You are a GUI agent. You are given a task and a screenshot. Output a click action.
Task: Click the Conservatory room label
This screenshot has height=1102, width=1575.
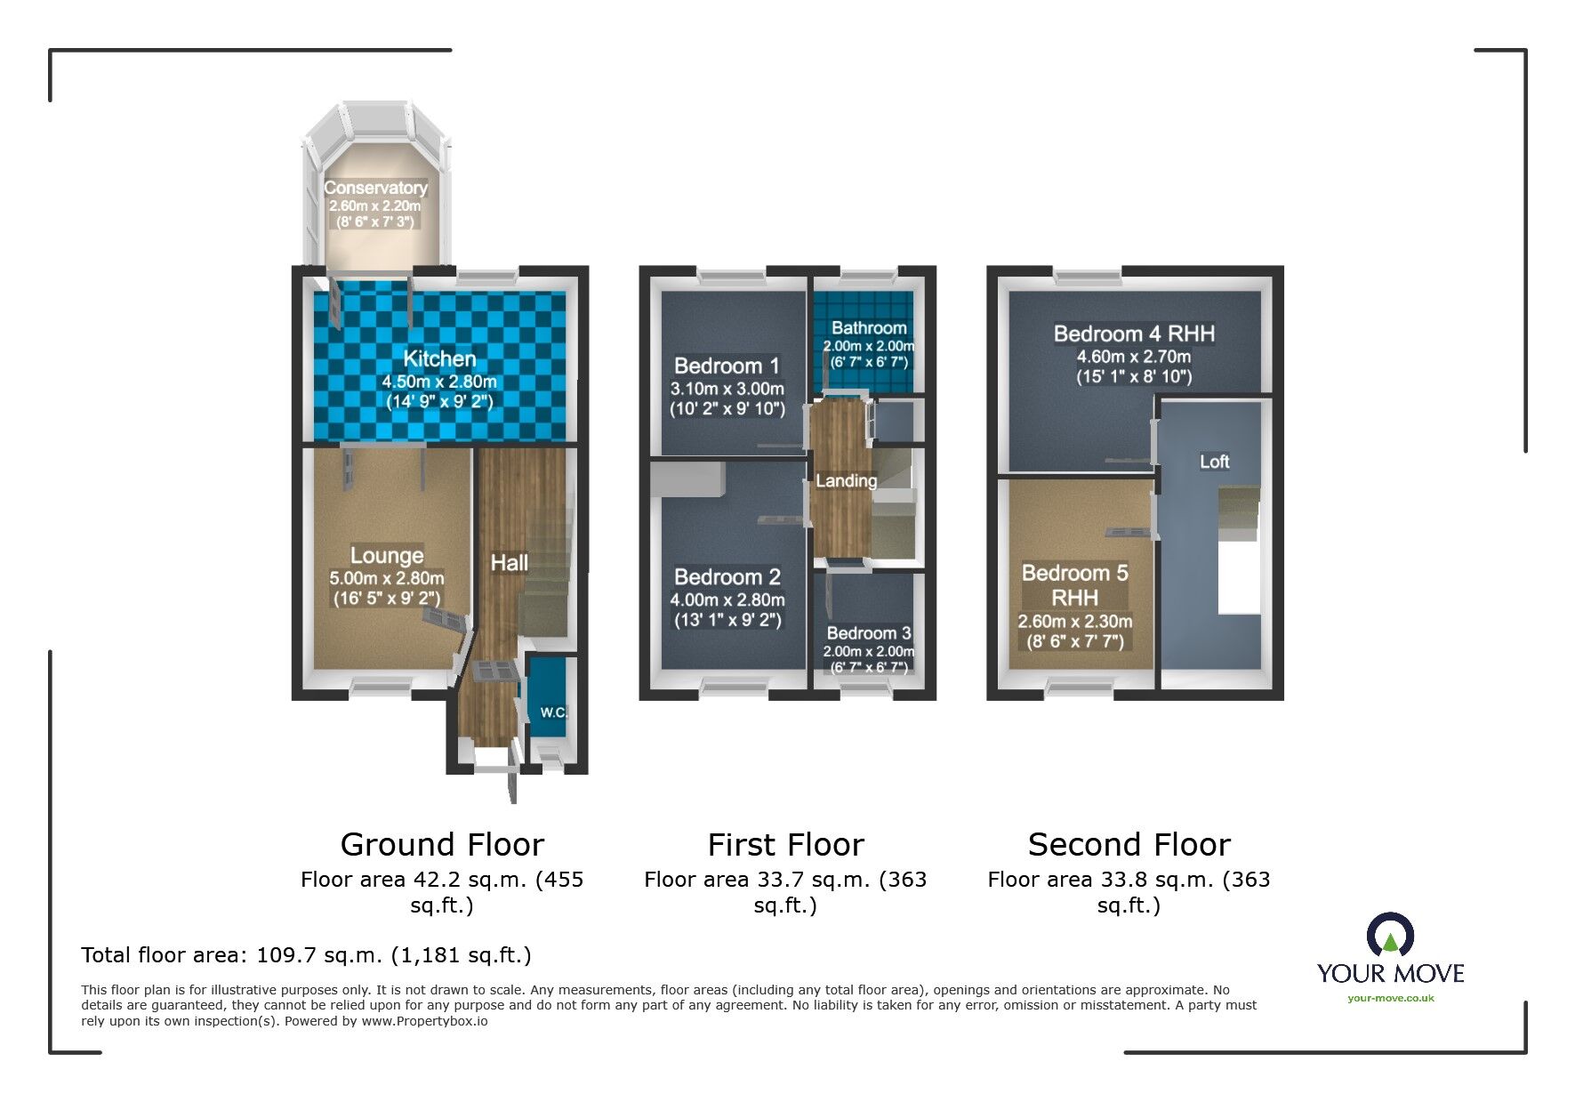[x=375, y=188]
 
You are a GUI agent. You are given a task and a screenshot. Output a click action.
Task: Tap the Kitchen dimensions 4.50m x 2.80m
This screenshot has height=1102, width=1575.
[x=439, y=382]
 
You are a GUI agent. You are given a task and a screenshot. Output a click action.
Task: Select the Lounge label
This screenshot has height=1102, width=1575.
[x=386, y=555]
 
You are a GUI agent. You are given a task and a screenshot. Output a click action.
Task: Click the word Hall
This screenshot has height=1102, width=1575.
[x=510, y=562]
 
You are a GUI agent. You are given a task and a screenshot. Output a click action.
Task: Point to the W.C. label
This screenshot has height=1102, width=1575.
[x=553, y=712]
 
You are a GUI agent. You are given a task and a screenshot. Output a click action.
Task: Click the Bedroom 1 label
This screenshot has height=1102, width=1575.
[x=727, y=366]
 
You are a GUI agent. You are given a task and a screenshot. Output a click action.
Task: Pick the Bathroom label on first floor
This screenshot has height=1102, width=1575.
[x=869, y=328]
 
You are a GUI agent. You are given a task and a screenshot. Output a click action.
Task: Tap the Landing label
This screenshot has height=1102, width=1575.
[x=846, y=480]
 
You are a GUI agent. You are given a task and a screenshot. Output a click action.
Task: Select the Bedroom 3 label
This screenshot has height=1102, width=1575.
[x=868, y=633]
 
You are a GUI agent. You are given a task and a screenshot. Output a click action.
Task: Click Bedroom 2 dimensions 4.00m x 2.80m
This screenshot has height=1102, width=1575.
[x=727, y=600]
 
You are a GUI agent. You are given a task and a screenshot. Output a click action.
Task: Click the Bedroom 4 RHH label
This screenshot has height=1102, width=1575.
[x=1134, y=334]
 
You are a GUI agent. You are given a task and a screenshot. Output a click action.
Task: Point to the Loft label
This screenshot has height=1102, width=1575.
[x=1214, y=462]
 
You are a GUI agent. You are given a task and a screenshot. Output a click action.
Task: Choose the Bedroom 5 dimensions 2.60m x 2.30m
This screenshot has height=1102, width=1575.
[x=1075, y=622]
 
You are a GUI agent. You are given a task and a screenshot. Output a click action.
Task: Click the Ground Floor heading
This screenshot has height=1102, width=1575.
[x=442, y=844]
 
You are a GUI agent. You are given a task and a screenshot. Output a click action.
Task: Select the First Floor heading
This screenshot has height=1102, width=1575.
[x=785, y=844]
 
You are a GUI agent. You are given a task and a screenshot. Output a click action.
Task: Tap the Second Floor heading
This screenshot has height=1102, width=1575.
[x=1129, y=844]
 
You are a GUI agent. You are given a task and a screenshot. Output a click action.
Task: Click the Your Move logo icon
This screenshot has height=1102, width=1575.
[x=1390, y=937]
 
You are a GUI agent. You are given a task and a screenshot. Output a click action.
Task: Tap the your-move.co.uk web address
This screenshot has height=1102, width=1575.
[x=1390, y=998]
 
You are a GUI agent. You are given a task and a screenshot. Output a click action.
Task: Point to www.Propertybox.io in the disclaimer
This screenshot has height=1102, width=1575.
[x=424, y=1021]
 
